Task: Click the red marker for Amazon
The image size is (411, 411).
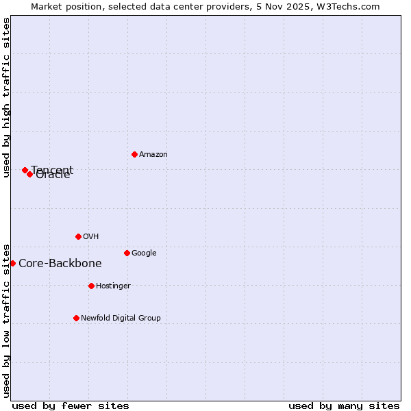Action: tap(134, 154)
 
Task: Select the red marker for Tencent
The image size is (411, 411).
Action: tap(25, 170)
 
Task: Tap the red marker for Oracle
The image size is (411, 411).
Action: tap(29, 174)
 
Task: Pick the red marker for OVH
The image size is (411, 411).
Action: tap(78, 236)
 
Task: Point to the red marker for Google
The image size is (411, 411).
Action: tap(127, 253)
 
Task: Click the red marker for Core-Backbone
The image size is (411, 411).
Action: tap(12, 263)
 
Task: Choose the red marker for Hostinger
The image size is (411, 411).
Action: tap(91, 286)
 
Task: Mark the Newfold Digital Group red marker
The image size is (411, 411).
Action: tap(76, 318)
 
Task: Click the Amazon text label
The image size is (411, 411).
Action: tap(153, 155)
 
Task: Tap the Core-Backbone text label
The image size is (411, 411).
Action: tap(60, 264)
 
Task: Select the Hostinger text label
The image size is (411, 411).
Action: tap(113, 286)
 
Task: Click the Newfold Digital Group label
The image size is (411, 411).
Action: tap(121, 319)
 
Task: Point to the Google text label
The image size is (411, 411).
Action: tap(144, 253)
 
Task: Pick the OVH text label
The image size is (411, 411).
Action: tap(91, 237)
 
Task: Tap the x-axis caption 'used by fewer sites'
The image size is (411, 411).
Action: tap(71, 406)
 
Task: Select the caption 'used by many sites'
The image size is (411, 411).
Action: tap(344, 406)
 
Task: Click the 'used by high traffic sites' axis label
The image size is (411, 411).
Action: tap(7, 97)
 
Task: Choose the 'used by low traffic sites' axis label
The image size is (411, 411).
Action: tap(7, 321)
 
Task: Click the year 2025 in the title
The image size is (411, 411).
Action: tap(301, 7)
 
